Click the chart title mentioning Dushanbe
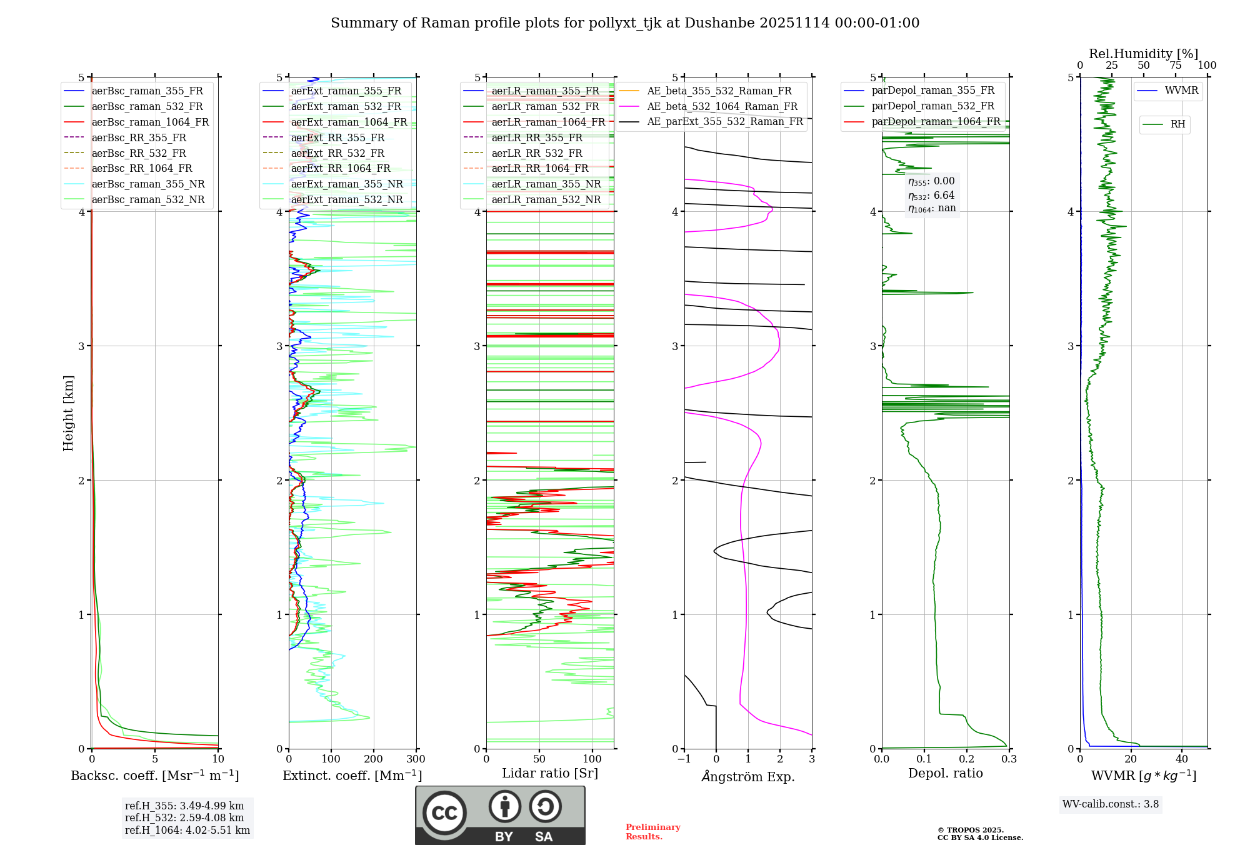point(625,23)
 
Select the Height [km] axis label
point(68,413)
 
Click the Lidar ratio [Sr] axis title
point(550,774)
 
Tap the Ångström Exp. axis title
point(748,777)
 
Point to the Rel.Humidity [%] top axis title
point(1143,54)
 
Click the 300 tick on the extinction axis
point(416,759)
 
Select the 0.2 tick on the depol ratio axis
point(967,759)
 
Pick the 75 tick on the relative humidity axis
point(1176,66)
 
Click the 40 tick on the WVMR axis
point(1182,759)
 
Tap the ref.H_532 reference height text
point(184,817)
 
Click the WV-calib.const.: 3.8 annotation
point(1110,804)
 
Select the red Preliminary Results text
point(652,832)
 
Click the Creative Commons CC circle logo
point(444,813)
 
